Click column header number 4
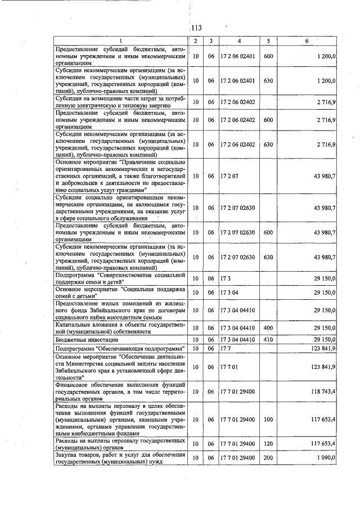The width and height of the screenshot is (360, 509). click(239, 41)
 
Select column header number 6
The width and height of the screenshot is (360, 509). click(307, 41)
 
